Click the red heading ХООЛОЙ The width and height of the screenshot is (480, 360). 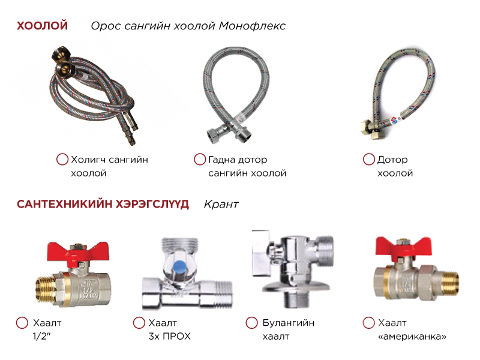pyautogui.click(x=42, y=25)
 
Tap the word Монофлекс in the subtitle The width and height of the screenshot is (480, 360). pyautogui.click(x=252, y=26)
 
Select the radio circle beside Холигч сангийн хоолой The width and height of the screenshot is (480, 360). pyautogui.click(x=62, y=159)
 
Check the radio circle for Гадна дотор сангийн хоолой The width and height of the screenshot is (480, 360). pyautogui.click(x=200, y=159)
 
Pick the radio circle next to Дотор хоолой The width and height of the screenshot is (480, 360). pyautogui.click(x=368, y=159)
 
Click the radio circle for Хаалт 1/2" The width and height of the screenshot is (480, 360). pyautogui.click(x=22, y=323)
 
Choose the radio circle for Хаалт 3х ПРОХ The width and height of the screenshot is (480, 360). pyautogui.click(x=139, y=323)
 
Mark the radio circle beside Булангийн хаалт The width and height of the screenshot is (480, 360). pyautogui.click(x=251, y=323)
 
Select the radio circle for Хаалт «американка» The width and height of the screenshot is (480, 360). pyautogui.click(x=368, y=323)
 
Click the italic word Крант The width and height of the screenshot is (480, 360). pyautogui.click(x=221, y=204)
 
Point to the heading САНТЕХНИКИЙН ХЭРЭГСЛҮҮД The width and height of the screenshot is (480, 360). pyautogui.click(x=103, y=204)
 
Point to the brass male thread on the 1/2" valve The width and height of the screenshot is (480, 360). pyautogui.click(x=46, y=289)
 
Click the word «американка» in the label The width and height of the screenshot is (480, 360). pyautogui.click(x=412, y=337)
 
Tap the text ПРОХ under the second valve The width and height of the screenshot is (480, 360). pyautogui.click(x=176, y=337)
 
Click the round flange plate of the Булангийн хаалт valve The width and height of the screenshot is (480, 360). pyautogui.click(x=295, y=287)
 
